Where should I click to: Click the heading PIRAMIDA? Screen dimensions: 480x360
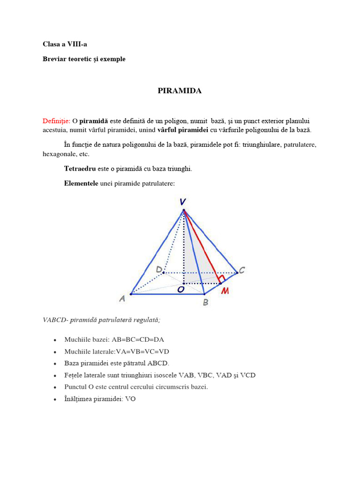pyautogui.click(x=180, y=91)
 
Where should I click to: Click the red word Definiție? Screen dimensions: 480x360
pyautogui.click(x=56, y=121)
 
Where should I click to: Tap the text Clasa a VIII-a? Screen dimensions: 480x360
pyautogui.click(x=65, y=44)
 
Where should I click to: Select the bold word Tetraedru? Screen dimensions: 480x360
pyautogui.click(x=80, y=169)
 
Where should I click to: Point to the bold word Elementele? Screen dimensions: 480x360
pyautogui.click(x=81, y=183)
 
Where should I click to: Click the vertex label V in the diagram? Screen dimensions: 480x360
pyautogui.click(x=182, y=202)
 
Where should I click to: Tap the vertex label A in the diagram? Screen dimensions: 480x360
pyautogui.click(x=122, y=298)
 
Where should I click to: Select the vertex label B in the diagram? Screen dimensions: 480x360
pyautogui.click(x=205, y=302)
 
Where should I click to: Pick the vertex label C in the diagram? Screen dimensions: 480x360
pyautogui.click(x=242, y=270)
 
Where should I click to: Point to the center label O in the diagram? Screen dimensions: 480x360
pyautogui.click(x=180, y=291)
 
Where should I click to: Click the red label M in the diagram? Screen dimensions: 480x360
pyautogui.click(x=225, y=291)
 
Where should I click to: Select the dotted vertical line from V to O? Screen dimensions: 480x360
pyautogui.click(x=184, y=248)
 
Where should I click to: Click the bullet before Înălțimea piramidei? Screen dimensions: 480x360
pyautogui.click(x=55, y=399)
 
